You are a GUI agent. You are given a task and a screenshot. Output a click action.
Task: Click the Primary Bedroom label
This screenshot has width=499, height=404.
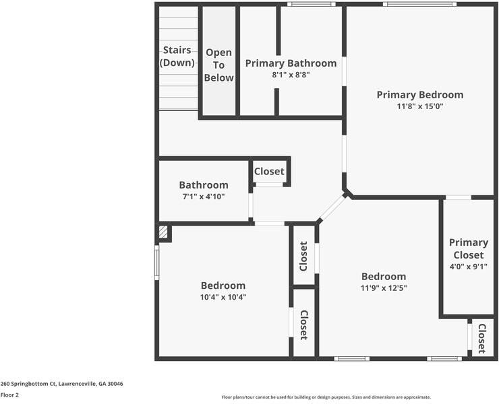pyautogui.click(x=419, y=95)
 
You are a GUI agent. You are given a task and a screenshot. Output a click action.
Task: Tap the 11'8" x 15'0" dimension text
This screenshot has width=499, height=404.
pyautogui.click(x=419, y=106)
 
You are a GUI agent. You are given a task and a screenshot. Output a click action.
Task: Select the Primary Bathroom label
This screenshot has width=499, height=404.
pyautogui.click(x=291, y=63)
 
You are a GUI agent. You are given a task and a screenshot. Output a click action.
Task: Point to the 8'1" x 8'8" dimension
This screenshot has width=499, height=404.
pyautogui.click(x=291, y=75)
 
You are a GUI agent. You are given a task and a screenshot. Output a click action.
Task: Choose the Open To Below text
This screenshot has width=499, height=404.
pyautogui.click(x=219, y=65)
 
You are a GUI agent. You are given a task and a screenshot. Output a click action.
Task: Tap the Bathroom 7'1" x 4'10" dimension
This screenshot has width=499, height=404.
pyautogui.click(x=203, y=197)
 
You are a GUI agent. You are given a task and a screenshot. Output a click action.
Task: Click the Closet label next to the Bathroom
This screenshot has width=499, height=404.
pyautogui.click(x=269, y=172)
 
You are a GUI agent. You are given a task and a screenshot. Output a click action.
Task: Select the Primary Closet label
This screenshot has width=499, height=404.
pyautogui.click(x=469, y=248)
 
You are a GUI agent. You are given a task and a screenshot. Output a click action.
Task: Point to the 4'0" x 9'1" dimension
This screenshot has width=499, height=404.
pyautogui.click(x=469, y=266)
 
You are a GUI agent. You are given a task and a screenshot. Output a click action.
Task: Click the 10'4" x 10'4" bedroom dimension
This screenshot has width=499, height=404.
pyautogui.click(x=223, y=297)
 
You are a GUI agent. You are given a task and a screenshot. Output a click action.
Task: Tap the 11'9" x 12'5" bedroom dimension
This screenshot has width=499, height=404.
pyautogui.click(x=384, y=288)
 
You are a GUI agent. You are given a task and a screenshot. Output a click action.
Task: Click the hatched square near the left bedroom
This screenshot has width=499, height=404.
pyautogui.click(x=163, y=232)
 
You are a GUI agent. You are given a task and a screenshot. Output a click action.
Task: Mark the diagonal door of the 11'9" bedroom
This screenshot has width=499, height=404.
pyautogui.click(x=332, y=209)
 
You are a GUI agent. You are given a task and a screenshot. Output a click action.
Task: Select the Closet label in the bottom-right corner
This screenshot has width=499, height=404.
pyautogui.click(x=481, y=339)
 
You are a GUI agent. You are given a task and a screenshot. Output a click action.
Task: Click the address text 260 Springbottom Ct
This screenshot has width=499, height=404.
pyautogui.click(x=62, y=384)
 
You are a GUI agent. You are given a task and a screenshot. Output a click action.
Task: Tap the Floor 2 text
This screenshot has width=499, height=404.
pyautogui.click(x=9, y=395)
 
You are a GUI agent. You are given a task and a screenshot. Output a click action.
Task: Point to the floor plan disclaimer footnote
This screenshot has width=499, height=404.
pyautogui.click(x=326, y=397)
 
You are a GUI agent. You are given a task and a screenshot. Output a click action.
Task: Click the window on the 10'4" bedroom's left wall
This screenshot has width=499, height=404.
pyautogui.click(x=156, y=262)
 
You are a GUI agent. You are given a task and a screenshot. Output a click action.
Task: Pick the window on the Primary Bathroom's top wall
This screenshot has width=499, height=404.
pyautogui.click(x=311, y=5)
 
